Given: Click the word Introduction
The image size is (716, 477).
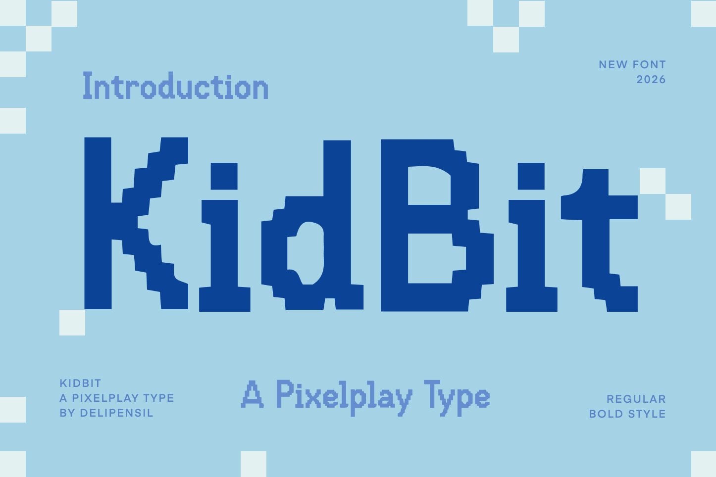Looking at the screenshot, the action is point(175,85).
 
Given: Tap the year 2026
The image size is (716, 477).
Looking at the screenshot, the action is point(651,80).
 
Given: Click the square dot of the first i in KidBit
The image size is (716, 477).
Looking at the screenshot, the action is point(224,176).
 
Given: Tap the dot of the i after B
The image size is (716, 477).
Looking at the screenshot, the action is point(531,176).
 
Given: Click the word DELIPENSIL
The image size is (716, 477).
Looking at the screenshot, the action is point(117,413).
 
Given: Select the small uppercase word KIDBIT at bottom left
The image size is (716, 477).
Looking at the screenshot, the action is point(81,383).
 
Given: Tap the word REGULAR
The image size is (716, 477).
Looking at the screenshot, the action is point(636,399).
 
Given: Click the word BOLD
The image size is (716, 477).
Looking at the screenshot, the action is point(606,414).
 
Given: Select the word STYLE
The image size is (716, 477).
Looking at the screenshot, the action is point(647,414).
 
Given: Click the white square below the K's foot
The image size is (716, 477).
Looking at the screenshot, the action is point(72,322).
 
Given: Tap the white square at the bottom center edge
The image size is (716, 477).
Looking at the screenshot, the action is point(254,464).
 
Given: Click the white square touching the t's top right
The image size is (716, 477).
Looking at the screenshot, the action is point(653,181).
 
